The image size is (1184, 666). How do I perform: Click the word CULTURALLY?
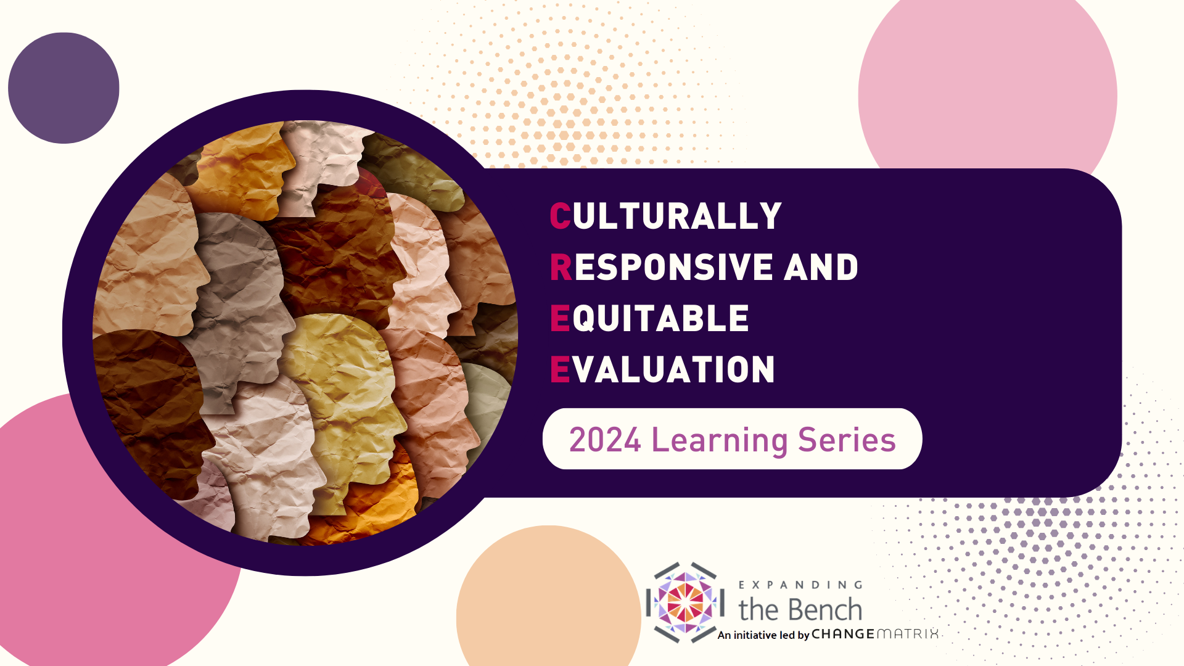[666, 216]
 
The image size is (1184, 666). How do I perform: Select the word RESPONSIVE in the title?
[662, 268]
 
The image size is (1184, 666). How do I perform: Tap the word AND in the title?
[821, 268]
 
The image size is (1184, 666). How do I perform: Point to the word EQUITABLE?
[649, 319]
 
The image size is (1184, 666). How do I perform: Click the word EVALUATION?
[662, 370]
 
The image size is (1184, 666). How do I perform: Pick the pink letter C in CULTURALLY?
[561, 216]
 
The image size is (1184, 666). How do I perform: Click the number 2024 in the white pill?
[605, 440]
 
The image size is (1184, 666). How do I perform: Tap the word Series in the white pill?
[847, 440]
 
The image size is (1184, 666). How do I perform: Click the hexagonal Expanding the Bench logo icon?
[685, 602]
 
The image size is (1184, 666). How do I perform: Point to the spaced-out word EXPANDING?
[800, 585]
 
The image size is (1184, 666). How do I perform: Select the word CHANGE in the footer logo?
[843, 634]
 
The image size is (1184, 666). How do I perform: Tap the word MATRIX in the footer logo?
[908, 634]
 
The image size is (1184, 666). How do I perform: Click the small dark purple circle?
[64, 88]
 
